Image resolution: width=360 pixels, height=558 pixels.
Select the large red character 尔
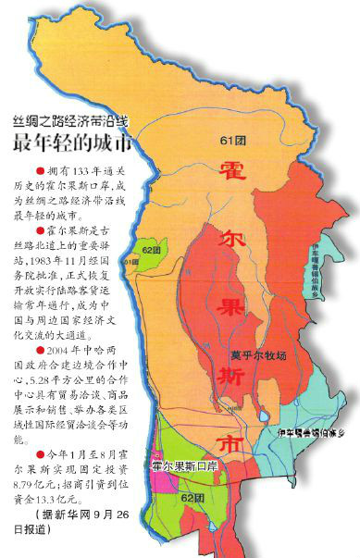pyautogui.click(x=231, y=225)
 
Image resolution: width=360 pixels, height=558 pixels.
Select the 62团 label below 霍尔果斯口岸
pyautogui.click(x=193, y=498)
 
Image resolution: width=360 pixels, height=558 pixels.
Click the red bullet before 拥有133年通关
pyautogui.click(x=38, y=172)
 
